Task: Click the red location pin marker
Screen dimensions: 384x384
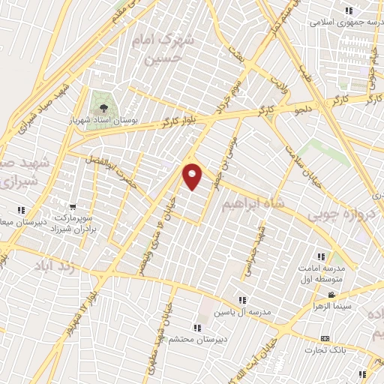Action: click(193, 175)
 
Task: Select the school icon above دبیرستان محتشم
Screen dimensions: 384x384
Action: click(197, 328)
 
